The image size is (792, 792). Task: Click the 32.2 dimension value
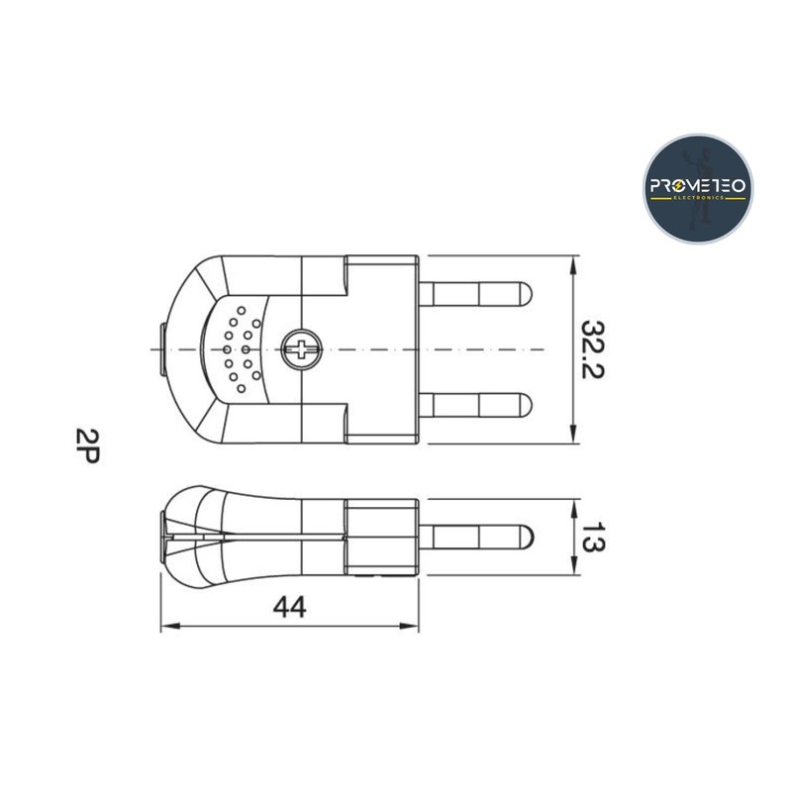click(592, 349)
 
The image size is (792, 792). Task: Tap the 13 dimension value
click(592, 537)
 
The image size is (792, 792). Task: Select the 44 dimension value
click(289, 607)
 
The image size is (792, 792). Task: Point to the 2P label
click(87, 445)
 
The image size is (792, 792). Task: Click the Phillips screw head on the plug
click(302, 349)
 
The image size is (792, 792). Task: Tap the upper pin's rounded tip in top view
click(526, 294)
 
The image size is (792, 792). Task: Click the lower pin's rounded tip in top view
click(526, 406)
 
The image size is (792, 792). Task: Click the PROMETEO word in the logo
click(698, 186)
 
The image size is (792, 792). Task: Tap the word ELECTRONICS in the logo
click(699, 198)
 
